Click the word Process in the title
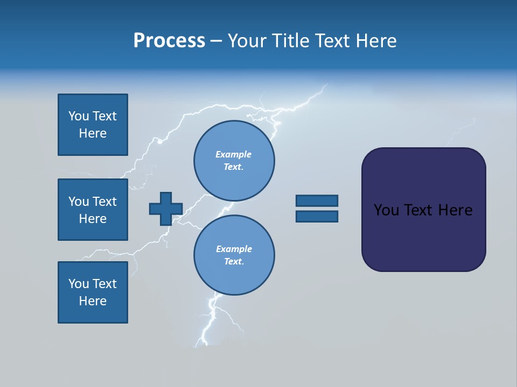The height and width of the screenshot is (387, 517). point(169,41)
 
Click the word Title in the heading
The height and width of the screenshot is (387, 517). point(291,41)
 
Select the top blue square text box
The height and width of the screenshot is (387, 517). point(93,125)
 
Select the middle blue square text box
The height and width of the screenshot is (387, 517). point(93,210)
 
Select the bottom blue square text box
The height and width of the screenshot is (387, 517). point(93,292)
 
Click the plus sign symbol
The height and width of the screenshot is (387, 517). point(166,209)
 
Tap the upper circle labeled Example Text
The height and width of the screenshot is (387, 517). point(234,161)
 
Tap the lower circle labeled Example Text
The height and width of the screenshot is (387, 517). point(234,255)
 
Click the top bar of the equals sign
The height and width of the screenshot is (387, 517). point(317,200)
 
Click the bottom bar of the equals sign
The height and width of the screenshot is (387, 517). point(317,217)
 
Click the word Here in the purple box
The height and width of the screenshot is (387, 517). point(455,210)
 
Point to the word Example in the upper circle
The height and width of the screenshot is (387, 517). point(234,154)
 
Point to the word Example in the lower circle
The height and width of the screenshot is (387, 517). point(234,249)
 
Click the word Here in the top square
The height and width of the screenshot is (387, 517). point(93,133)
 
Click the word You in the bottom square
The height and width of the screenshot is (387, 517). point(79,284)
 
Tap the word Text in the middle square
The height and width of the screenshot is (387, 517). point(104,202)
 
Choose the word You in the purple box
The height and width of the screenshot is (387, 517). point(386,210)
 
